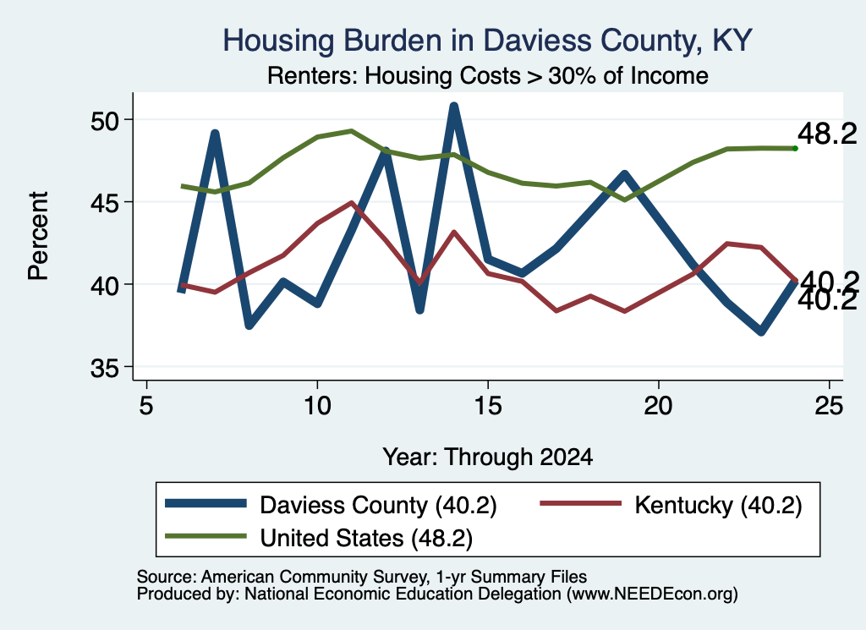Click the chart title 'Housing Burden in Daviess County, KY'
[x=488, y=41]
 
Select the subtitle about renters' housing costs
[x=488, y=75]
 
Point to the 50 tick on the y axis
[x=104, y=121]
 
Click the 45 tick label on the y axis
[x=104, y=203]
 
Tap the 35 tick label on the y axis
[x=104, y=369]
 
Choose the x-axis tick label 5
[x=145, y=406]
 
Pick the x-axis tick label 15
[x=488, y=406]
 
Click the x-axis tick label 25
[x=829, y=406]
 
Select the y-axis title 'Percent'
[x=38, y=236]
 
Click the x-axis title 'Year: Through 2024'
[x=488, y=457]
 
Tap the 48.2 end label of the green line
[x=827, y=134]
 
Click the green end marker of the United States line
[x=795, y=149]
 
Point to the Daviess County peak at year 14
[x=453, y=106]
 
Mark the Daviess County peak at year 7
[x=215, y=133]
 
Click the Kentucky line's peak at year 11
[x=351, y=203]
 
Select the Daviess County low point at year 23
[x=761, y=331]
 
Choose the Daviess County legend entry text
[x=378, y=505]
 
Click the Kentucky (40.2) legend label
[x=718, y=505]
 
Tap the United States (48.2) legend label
[x=366, y=538]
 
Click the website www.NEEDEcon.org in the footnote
[x=652, y=594]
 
